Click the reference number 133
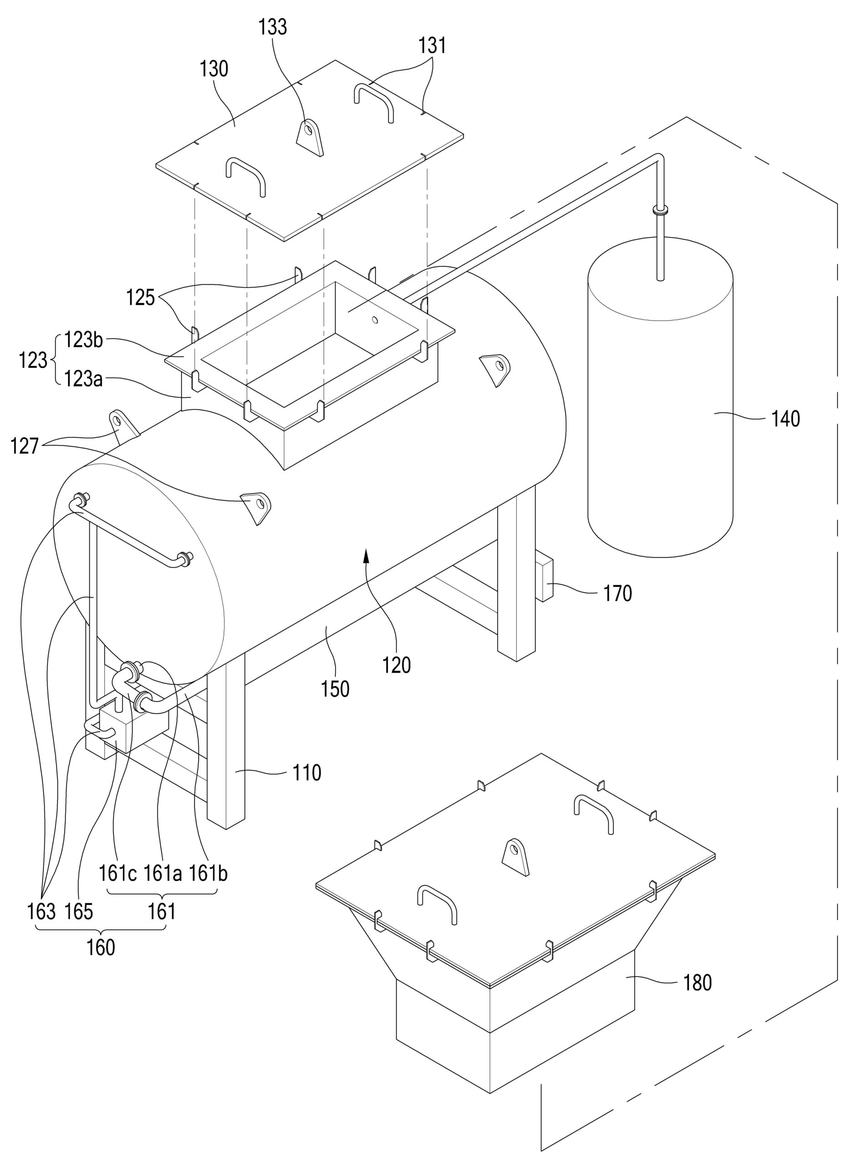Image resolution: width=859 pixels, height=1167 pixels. click(273, 26)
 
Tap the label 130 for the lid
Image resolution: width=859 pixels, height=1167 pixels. click(214, 69)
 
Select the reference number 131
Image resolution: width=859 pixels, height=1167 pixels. click(432, 46)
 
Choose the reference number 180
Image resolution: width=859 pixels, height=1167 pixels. click(697, 982)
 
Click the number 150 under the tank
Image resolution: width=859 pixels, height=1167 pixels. click(335, 689)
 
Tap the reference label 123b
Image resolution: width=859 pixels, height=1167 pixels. click(84, 340)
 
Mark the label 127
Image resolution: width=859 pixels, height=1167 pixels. click(25, 446)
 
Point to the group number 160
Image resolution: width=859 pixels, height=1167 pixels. click(100, 948)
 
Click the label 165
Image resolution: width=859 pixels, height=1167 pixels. click(78, 911)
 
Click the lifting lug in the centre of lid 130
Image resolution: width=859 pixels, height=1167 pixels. click(310, 136)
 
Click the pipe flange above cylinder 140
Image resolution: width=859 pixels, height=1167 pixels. click(660, 210)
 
